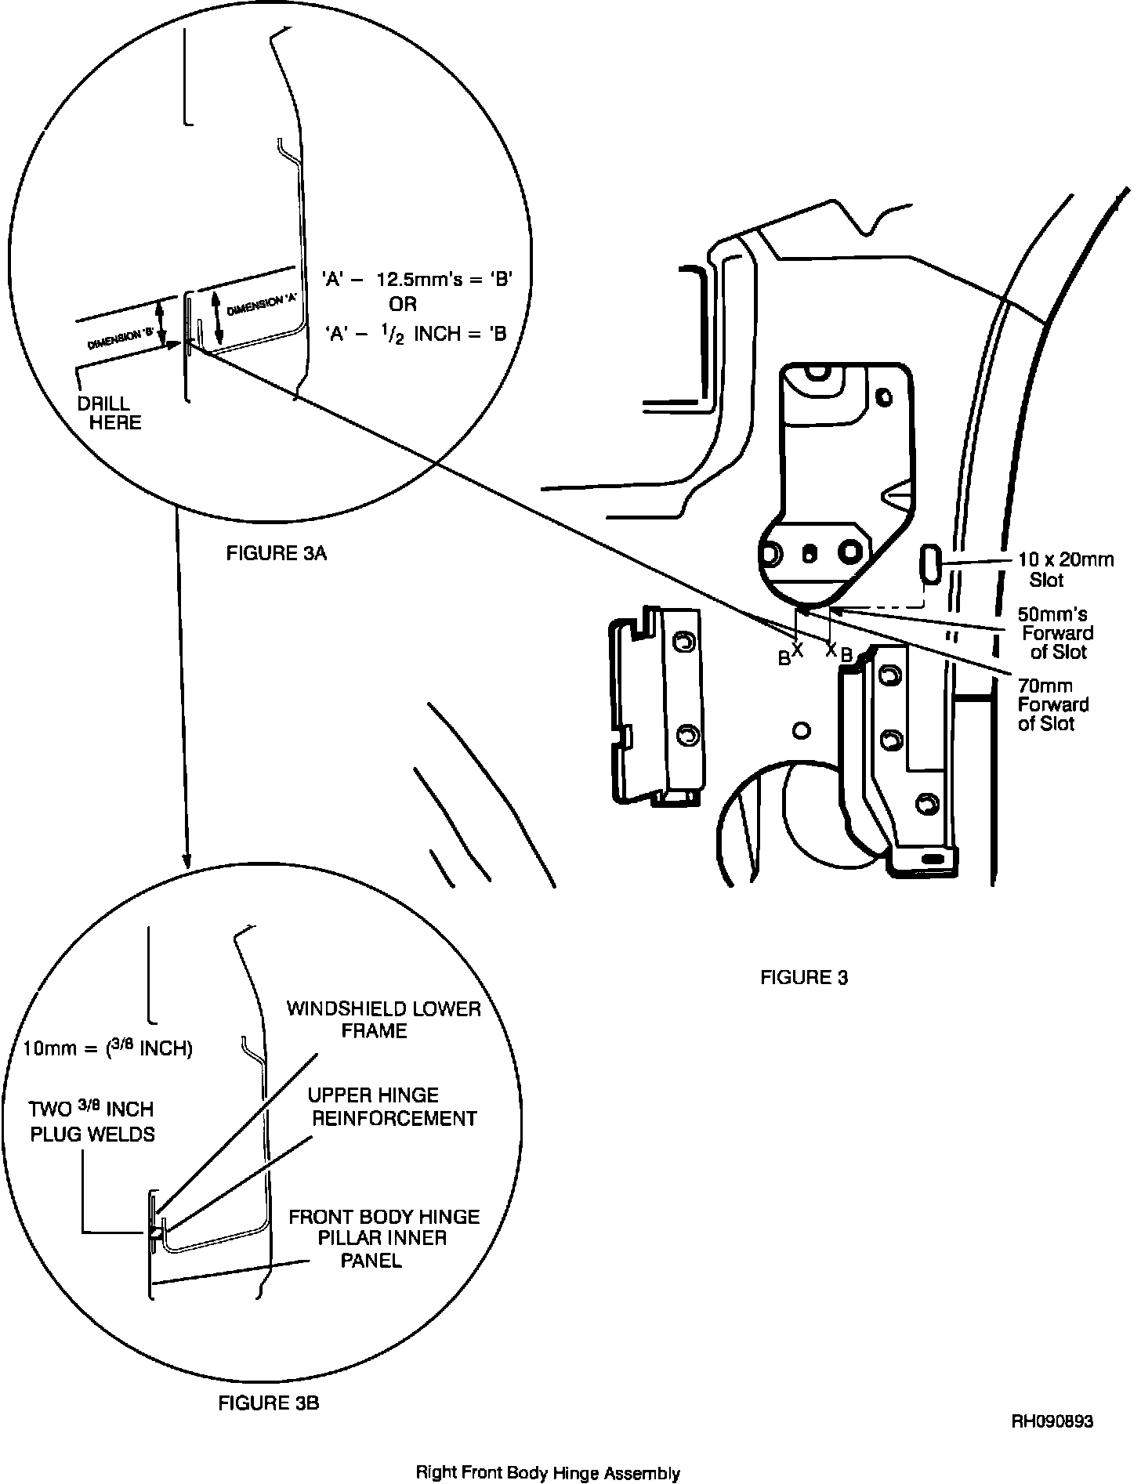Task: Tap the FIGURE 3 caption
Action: pos(804,977)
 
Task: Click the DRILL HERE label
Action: pos(110,413)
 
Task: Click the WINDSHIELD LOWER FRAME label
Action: pos(383,1019)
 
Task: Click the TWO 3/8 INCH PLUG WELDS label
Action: pos(92,1121)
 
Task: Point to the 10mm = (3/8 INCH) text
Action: pos(108,1048)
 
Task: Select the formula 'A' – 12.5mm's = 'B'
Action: pos(418,279)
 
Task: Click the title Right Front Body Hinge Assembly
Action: pos(548,1473)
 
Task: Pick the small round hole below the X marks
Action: pos(800,731)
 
